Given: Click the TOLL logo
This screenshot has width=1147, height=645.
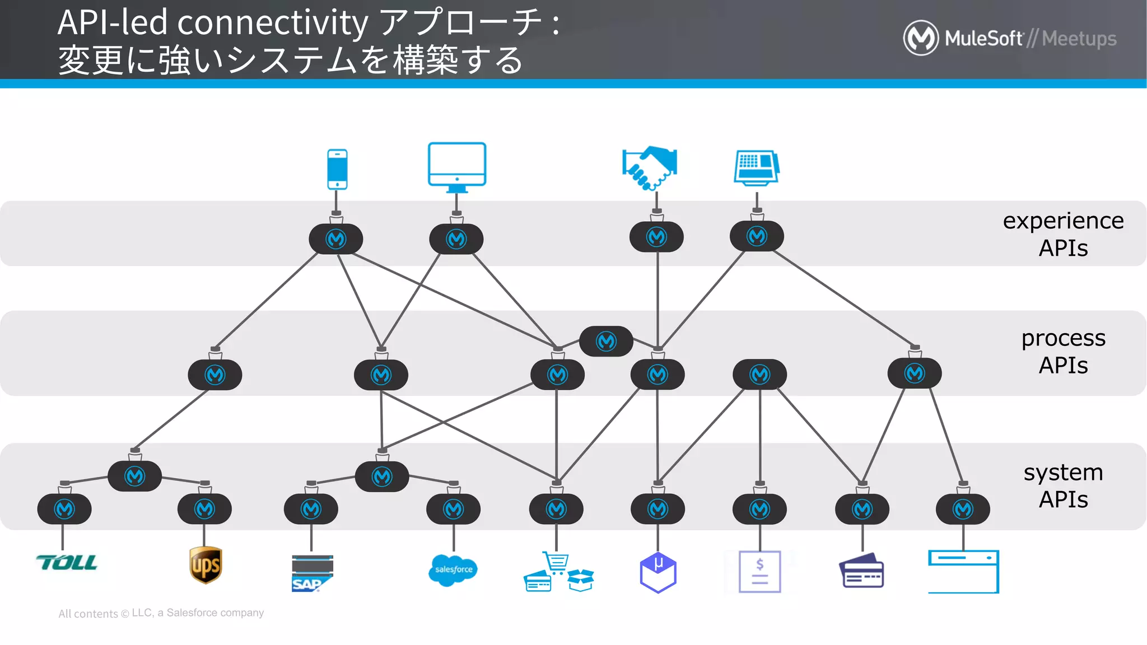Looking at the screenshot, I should click(x=67, y=563).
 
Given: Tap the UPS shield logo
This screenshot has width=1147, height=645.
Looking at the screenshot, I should click(x=206, y=565).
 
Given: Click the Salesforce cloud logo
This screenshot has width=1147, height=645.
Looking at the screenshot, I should click(x=453, y=570).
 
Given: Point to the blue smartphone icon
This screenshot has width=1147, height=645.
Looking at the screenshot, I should click(x=337, y=169).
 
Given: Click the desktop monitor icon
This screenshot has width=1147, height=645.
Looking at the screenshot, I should click(x=457, y=166).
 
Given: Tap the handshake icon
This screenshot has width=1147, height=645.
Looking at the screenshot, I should click(x=650, y=167).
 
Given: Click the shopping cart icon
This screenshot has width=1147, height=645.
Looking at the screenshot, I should click(x=556, y=562).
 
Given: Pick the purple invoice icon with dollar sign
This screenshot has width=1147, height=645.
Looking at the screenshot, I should click(x=759, y=572).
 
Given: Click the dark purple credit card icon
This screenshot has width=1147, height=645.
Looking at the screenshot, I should click(x=861, y=571).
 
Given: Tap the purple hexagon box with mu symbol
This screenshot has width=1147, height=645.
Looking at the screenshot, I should click(x=658, y=572).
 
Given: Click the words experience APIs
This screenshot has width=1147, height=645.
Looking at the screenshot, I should click(x=1063, y=234).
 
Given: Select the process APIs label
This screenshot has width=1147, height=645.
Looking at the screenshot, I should click(x=1063, y=352).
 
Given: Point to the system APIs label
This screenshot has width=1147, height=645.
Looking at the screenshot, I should click(x=1063, y=485).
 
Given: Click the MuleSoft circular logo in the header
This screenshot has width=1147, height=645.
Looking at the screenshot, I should click(x=921, y=38).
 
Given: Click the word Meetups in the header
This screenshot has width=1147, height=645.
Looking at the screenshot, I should click(x=1079, y=39).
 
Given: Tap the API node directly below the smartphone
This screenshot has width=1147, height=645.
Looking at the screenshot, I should click(x=336, y=239).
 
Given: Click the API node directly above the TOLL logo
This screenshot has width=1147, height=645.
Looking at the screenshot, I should click(x=64, y=509).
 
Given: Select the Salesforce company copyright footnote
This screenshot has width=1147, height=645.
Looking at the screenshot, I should click(x=161, y=613).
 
